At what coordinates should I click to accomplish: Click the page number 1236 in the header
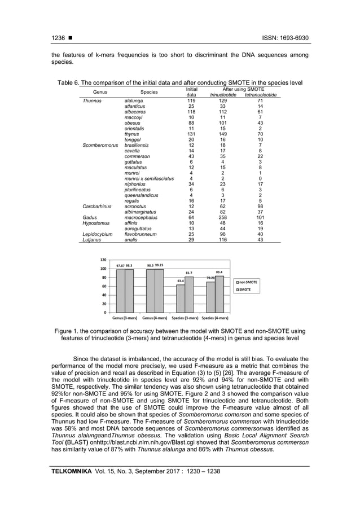(58, 38)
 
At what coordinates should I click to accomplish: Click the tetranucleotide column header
(260, 95)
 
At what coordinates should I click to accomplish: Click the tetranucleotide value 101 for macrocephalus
(260, 217)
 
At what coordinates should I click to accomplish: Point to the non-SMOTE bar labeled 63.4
(181, 298)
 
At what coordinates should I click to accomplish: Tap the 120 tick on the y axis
(102, 260)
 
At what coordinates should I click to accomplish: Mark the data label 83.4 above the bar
(219, 272)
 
